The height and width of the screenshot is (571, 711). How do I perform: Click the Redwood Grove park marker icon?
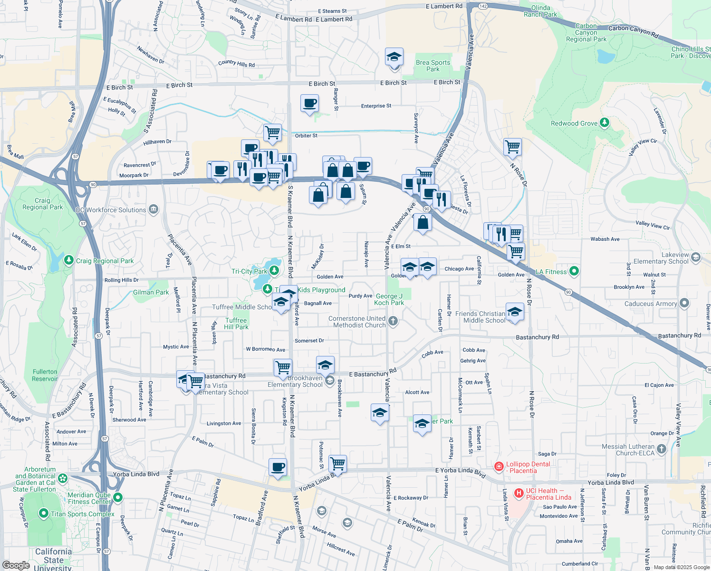click(604, 123)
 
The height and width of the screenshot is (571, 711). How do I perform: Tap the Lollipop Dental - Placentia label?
click(528, 467)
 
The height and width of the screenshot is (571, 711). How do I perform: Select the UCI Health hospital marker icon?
click(519, 493)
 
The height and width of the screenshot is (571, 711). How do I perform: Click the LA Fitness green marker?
click(574, 271)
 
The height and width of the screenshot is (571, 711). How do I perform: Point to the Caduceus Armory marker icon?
click(684, 303)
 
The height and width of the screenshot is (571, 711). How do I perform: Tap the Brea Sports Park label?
click(432, 66)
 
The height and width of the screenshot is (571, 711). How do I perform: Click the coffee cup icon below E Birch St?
click(309, 103)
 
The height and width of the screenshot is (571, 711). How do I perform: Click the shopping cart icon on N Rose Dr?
click(512, 147)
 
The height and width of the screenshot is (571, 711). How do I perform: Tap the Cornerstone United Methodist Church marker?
click(393, 321)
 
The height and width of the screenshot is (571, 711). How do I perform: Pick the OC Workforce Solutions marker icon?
click(153, 209)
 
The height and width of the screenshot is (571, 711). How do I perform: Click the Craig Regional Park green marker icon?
click(69, 260)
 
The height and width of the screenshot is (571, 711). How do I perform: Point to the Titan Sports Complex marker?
click(44, 513)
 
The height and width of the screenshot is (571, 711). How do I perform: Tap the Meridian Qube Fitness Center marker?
click(118, 498)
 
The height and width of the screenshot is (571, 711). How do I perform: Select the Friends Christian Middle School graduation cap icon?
click(515, 312)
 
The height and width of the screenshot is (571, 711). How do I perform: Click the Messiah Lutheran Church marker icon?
click(662, 449)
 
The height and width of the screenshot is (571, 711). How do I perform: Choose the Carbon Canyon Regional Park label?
click(586, 33)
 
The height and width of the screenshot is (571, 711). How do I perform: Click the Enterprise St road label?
click(376, 106)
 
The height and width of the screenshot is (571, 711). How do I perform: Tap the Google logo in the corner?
click(16, 565)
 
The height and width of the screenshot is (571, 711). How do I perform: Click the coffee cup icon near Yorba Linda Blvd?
click(278, 467)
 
